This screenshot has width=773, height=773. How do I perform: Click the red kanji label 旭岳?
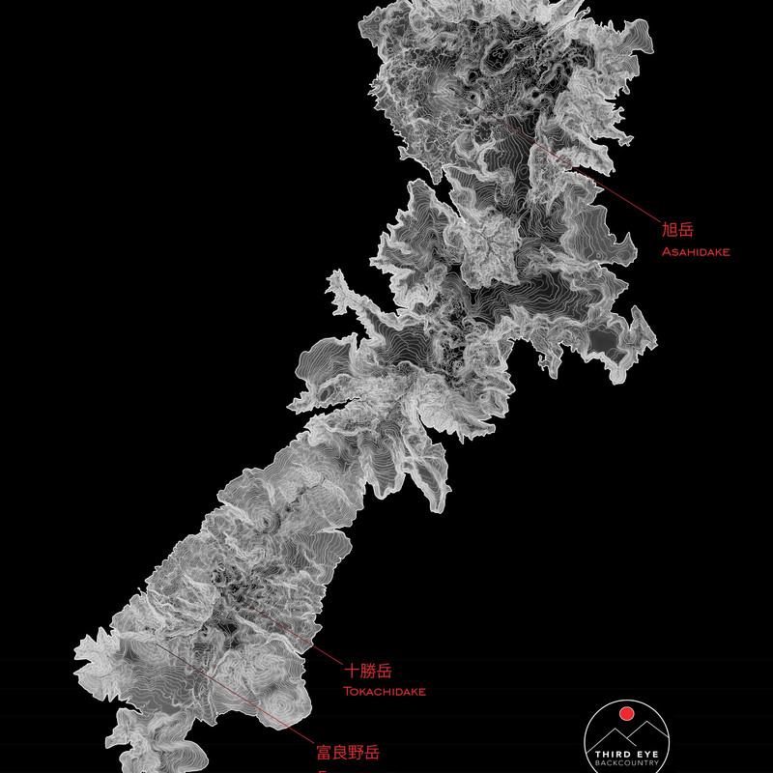[677, 230]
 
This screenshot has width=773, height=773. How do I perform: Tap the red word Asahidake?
[696, 252]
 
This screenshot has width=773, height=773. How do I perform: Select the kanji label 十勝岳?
[367, 670]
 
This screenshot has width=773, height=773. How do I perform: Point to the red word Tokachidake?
[385, 692]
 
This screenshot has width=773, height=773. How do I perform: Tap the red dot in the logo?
[625, 714]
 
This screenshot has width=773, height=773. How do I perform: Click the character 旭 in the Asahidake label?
[669, 230]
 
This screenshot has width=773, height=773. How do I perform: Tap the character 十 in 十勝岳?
[352, 670]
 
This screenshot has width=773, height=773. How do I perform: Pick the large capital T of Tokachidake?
[347, 692]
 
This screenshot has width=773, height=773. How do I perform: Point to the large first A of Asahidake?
[665, 252]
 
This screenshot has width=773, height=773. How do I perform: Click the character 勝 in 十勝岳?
[367, 670]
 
